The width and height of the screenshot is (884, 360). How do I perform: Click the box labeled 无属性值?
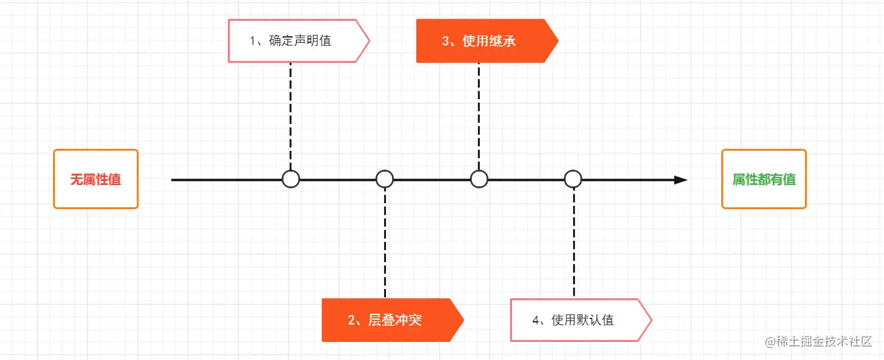[x=96, y=179]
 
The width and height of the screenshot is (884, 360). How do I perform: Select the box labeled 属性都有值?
[x=763, y=179]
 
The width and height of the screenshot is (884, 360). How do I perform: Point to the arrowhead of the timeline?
[x=681, y=180]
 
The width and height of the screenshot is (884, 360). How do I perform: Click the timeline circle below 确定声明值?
[x=290, y=179]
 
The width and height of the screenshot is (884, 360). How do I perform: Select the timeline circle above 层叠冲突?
[x=385, y=179]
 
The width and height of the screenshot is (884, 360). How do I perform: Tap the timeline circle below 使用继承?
[x=479, y=179]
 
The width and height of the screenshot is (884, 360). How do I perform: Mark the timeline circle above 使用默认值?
[x=573, y=179]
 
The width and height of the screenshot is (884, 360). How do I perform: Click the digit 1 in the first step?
[x=253, y=41]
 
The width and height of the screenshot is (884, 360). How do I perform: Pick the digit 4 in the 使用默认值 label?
[x=535, y=320]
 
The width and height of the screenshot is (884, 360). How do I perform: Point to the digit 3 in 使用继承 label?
[x=445, y=41]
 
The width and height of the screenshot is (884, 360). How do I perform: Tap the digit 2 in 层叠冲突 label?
[x=351, y=320]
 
